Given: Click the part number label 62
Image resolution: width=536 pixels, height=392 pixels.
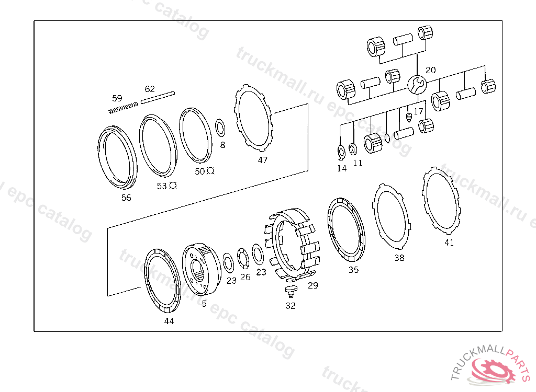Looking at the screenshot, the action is [x=150, y=89].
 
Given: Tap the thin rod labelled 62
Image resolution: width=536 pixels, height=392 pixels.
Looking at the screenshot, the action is [x=158, y=97].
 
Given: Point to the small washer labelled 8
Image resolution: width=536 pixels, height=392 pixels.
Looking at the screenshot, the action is [x=220, y=128].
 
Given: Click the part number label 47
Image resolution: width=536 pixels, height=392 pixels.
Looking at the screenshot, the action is [x=263, y=160].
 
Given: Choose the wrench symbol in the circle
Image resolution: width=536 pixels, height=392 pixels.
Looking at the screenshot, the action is [x=417, y=84].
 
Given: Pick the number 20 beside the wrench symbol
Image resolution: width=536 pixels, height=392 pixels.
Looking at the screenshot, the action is [x=431, y=70].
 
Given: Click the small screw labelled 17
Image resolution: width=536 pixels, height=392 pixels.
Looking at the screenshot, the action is [x=408, y=117].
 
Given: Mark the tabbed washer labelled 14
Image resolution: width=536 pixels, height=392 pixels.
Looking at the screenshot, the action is [x=341, y=152].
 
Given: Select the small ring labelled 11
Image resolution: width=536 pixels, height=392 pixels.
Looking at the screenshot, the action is [x=353, y=149].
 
